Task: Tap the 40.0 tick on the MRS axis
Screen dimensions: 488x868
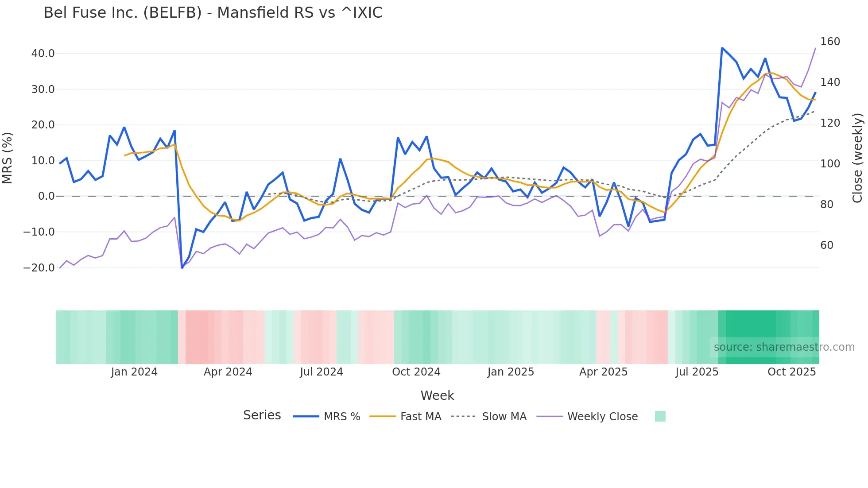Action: click(43, 54)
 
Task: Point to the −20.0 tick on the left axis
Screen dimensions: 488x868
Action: click(39, 268)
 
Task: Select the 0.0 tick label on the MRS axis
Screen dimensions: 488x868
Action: click(46, 196)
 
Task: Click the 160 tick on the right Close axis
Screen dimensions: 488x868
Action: click(830, 42)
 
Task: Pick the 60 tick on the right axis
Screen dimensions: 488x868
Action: click(827, 245)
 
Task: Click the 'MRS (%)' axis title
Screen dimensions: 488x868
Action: click(8, 158)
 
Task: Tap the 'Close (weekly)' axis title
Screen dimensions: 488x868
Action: click(857, 158)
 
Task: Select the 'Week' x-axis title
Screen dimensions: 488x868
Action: click(437, 395)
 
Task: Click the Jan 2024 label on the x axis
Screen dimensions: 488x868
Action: click(134, 372)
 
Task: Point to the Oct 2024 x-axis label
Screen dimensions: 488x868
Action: click(416, 372)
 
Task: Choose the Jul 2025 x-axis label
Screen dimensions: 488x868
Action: click(697, 372)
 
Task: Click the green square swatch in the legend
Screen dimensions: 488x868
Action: click(660, 416)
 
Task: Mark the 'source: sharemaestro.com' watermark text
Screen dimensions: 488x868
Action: click(784, 347)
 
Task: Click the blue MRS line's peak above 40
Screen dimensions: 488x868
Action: click(722, 48)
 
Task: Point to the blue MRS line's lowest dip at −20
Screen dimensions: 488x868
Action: click(182, 267)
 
